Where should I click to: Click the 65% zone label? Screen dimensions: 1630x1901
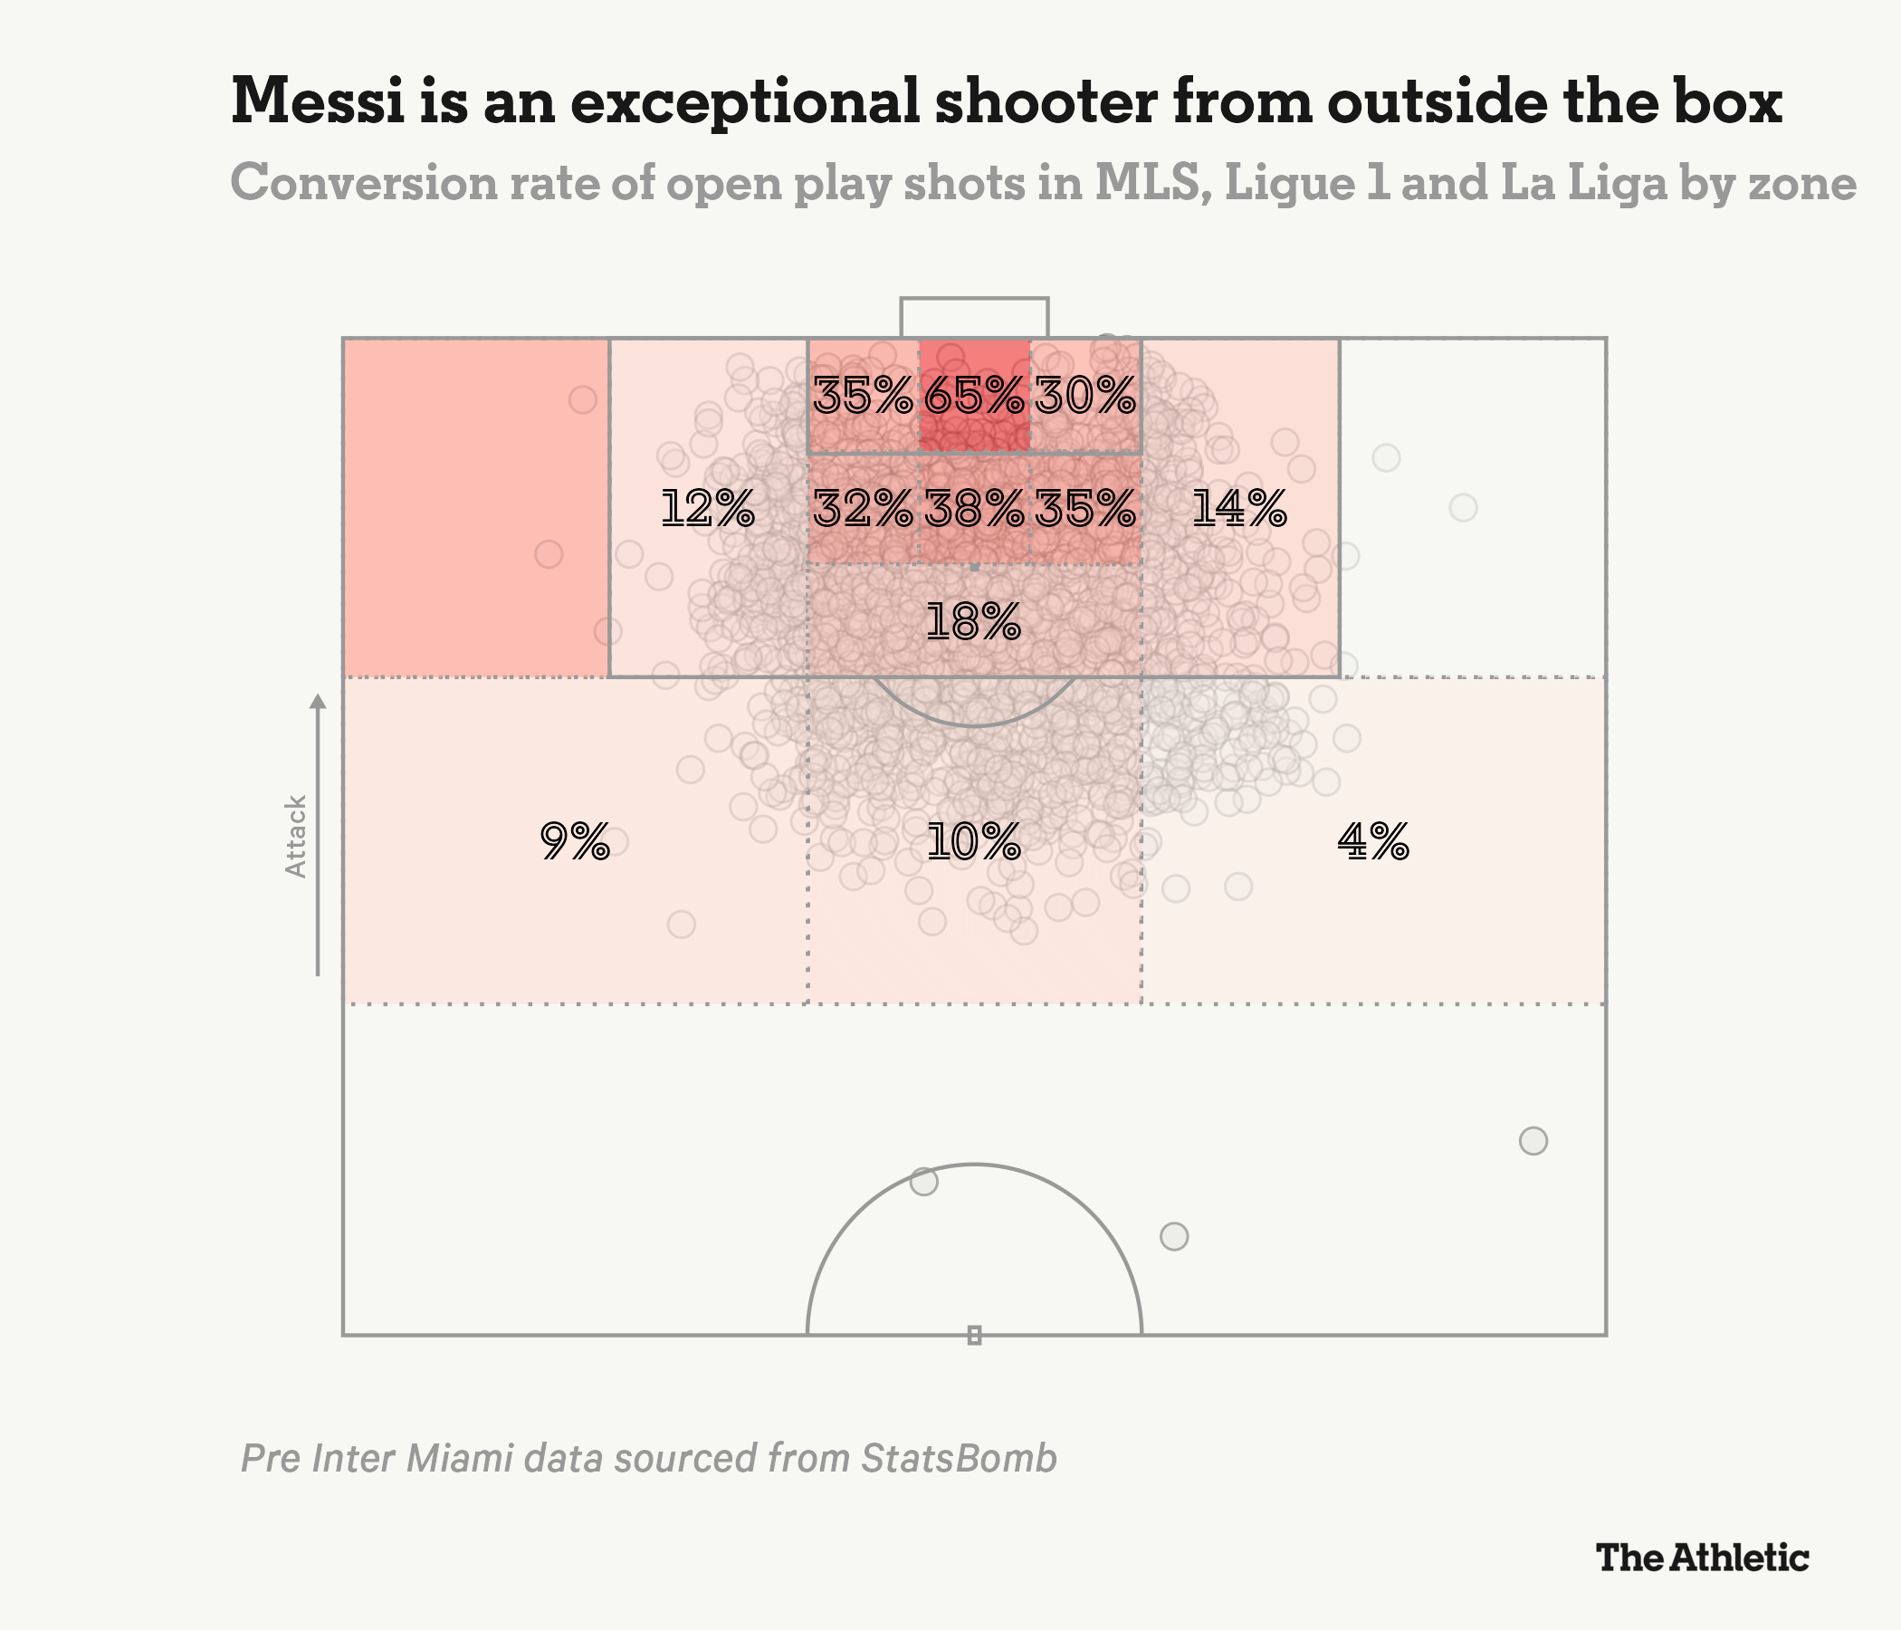(973, 397)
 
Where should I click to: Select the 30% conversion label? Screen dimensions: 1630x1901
(1085, 397)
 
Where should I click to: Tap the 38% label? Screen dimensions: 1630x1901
(973, 508)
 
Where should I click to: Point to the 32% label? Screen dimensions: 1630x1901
(863, 508)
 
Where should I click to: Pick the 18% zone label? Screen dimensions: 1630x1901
(973, 621)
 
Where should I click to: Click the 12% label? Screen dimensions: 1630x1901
(707, 508)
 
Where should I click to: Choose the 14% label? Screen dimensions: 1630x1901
(1238, 508)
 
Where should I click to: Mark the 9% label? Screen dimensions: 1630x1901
(575, 840)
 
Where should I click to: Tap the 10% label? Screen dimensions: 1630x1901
(973, 840)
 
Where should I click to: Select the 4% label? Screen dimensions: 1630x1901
(1372, 840)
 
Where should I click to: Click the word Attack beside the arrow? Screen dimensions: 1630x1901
(295, 836)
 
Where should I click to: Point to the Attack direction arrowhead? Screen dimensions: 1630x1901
(318, 702)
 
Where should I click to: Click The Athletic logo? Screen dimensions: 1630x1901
(1702, 1558)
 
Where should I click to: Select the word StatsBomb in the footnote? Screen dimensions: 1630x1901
(959, 1458)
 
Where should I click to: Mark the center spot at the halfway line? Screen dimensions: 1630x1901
(974, 1335)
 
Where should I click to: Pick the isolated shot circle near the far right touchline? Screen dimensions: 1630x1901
(1533, 1141)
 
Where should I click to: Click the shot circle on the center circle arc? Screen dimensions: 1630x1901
(924, 1181)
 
